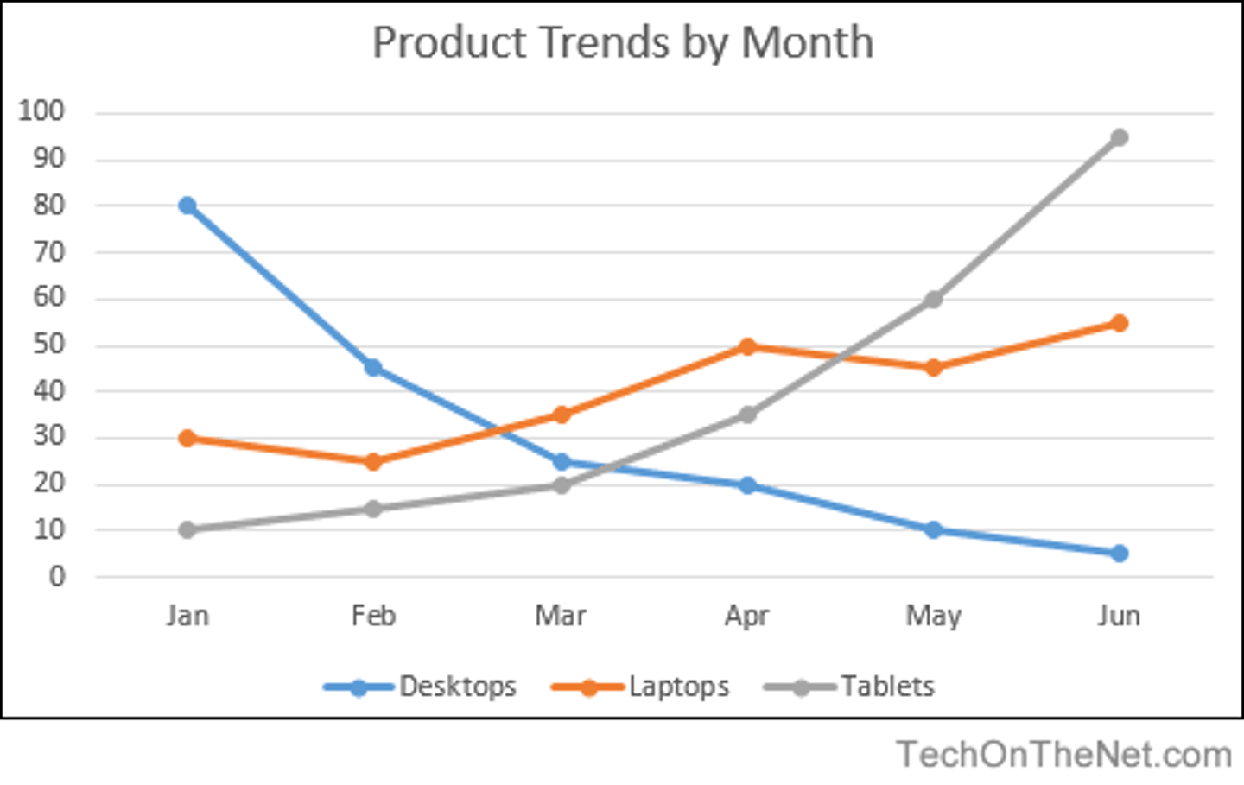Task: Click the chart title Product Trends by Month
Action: pos(622,43)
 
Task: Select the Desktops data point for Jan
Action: pos(187,206)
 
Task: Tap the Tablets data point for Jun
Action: pos(1119,137)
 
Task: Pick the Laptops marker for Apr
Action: pos(747,346)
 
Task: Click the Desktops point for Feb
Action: pos(373,368)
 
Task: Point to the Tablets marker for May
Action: pos(933,300)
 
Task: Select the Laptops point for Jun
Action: pos(1119,323)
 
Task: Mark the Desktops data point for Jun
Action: pos(1119,553)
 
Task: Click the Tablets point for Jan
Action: pos(187,529)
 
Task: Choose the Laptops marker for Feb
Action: pos(373,462)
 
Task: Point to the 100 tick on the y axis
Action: pos(41,111)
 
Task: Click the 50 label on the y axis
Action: pos(48,345)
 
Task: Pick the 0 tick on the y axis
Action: pos(57,576)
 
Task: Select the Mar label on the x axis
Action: pos(560,616)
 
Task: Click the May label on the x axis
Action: pos(933,616)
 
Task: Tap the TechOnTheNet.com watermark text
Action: pos(1063,755)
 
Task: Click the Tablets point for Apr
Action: pos(747,415)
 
